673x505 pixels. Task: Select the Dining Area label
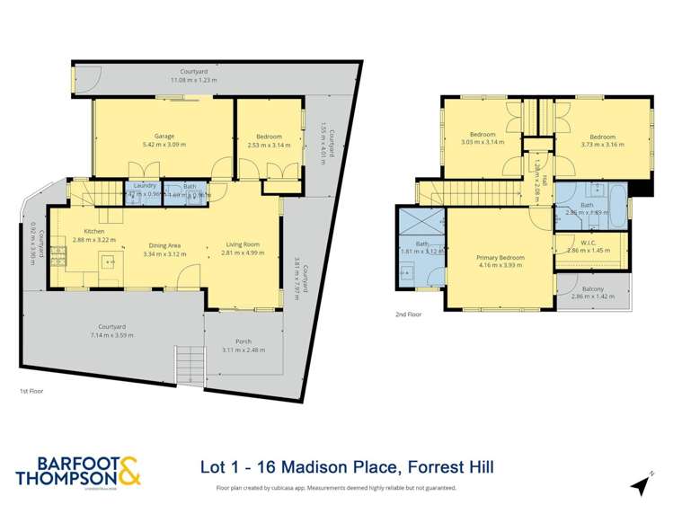pyautogui.click(x=164, y=244)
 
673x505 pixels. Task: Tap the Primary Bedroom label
pyautogui.click(x=500, y=257)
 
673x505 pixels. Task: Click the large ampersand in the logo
pyautogui.click(x=126, y=471)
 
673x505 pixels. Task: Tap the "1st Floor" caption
pyautogui.click(x=31, y=392)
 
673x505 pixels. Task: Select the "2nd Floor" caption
pyautogui.click(x=408, y=315)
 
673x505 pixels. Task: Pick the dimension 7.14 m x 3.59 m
pyautogui.click(x=113, y=334)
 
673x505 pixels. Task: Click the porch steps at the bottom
pyautogui.click(x=191, y=364)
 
